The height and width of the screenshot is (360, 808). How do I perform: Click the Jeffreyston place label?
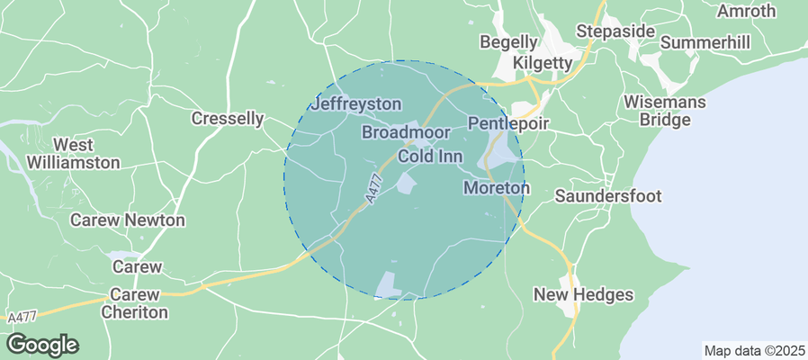coord(355,104)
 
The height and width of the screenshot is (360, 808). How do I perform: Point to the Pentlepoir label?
coord(508,122)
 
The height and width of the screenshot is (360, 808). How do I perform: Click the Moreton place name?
coord(496,189)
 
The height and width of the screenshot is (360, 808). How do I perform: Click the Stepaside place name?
coord(615,31)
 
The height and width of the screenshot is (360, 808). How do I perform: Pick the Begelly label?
coord(508,42)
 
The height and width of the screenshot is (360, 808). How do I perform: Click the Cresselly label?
coord(229,118)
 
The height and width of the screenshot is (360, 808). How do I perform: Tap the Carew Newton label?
coord(128,220)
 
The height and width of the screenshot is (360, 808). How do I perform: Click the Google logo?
coord(42,344)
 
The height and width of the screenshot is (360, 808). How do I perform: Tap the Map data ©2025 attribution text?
coord(754,350)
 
